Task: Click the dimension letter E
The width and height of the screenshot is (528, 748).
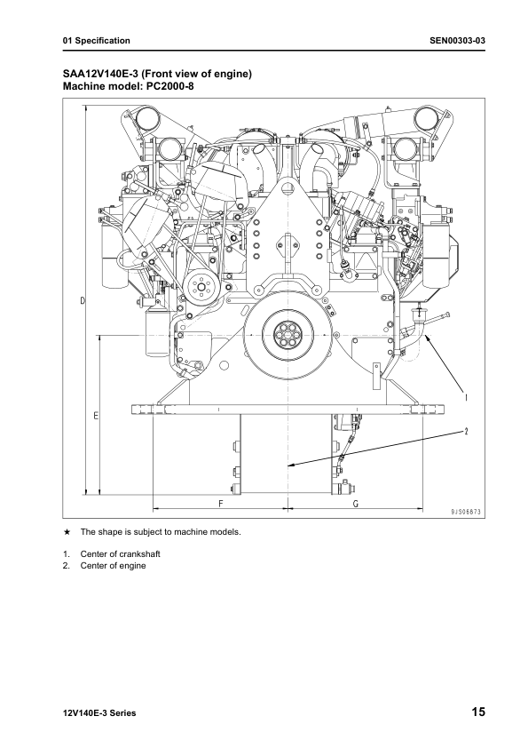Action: [x=95, y=415]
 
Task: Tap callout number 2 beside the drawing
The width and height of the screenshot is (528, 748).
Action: [x=465, y=432]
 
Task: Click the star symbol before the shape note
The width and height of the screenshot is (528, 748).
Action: [x=67, y=533]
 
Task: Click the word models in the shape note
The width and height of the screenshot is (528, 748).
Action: [x=223, y=533]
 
